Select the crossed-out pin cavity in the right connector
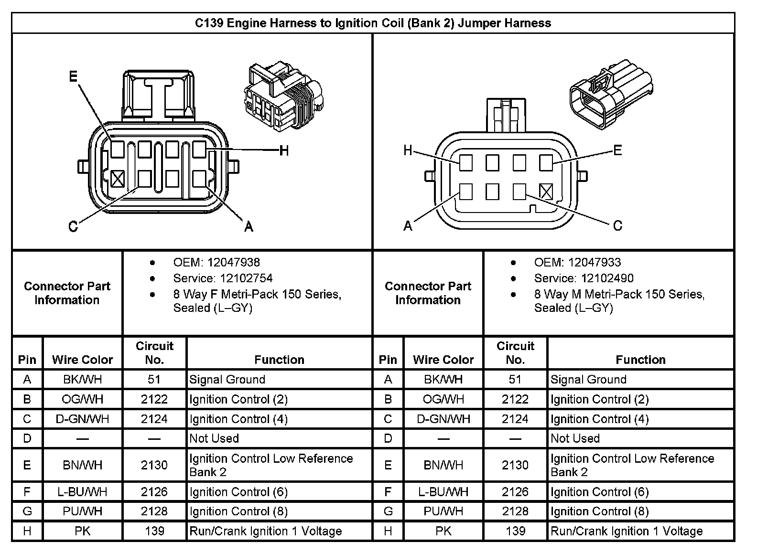tap(546, 191)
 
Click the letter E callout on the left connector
tap(73, 76)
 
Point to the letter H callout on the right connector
tap(408, 151)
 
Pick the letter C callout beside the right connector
tap(617, 225)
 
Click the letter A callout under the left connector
tap(249, 226)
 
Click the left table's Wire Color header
tap(82, 360)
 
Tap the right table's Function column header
tap(640, 360)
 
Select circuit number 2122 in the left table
tap(154, 399)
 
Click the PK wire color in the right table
tap(443, 531)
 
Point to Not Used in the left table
tap(214, 438)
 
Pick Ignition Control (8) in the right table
tap(599, 511)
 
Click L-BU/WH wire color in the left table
tap(82, 492)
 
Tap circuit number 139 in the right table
tap(515, 531)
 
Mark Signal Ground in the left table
tap(227, 380)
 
